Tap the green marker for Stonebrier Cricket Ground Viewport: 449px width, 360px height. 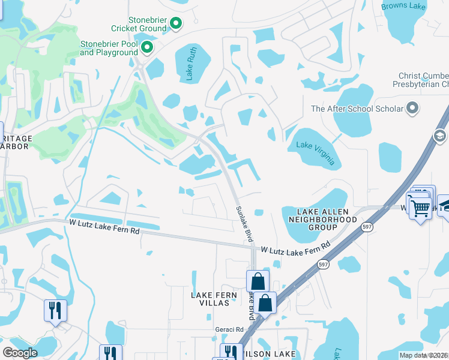coord(176,24)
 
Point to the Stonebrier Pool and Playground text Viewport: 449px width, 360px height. coord(109,48)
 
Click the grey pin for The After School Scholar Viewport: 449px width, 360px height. coord(412,109)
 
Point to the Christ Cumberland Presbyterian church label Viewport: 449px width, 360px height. coord(423,80)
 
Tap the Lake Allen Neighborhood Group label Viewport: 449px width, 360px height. coord(328,220)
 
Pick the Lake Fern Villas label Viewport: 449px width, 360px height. coord(210,299)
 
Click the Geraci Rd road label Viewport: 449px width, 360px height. coord(229,329)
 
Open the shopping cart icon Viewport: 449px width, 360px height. coord(420,208)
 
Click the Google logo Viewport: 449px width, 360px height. coord(20,353)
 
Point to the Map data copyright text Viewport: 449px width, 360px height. coord(424,355)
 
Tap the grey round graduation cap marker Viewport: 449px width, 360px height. coord(441,136)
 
